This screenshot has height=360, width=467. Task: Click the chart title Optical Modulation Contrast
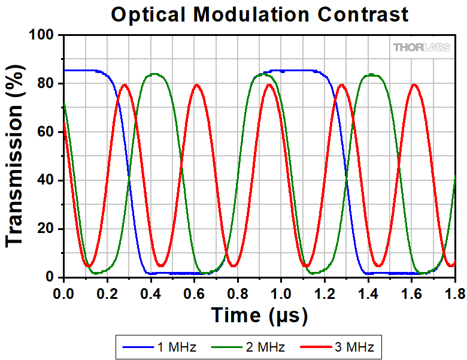pos(259,14)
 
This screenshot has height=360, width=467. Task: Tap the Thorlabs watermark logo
pos(421,47)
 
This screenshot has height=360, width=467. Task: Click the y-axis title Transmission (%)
pos(15,156)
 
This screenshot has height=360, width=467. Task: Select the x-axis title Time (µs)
pos(259,315)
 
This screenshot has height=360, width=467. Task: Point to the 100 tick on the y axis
pos(41,35)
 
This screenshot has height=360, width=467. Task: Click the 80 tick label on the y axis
pos(46,83)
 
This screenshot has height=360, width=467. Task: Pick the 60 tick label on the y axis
pos(46,132)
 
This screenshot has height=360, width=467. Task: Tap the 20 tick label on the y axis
pos(46,229)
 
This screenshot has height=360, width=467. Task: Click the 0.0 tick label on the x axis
pos(63,294)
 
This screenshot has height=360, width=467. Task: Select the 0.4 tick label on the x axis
pos(151,294)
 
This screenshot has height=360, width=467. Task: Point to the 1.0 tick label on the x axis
pos(281,294)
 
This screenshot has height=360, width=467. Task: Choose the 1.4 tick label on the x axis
pos(368,294)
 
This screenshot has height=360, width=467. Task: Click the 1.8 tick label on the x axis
pos(455,294)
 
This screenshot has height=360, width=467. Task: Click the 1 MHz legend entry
pos(159,347)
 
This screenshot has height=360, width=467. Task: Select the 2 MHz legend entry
pos(248,347)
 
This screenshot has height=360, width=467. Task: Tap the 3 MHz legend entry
pos(337,347)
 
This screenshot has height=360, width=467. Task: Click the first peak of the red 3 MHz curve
pos(125,85)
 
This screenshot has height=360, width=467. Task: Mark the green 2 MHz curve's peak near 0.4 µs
pos(154,74)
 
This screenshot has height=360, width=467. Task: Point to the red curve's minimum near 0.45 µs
pos(161,265)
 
